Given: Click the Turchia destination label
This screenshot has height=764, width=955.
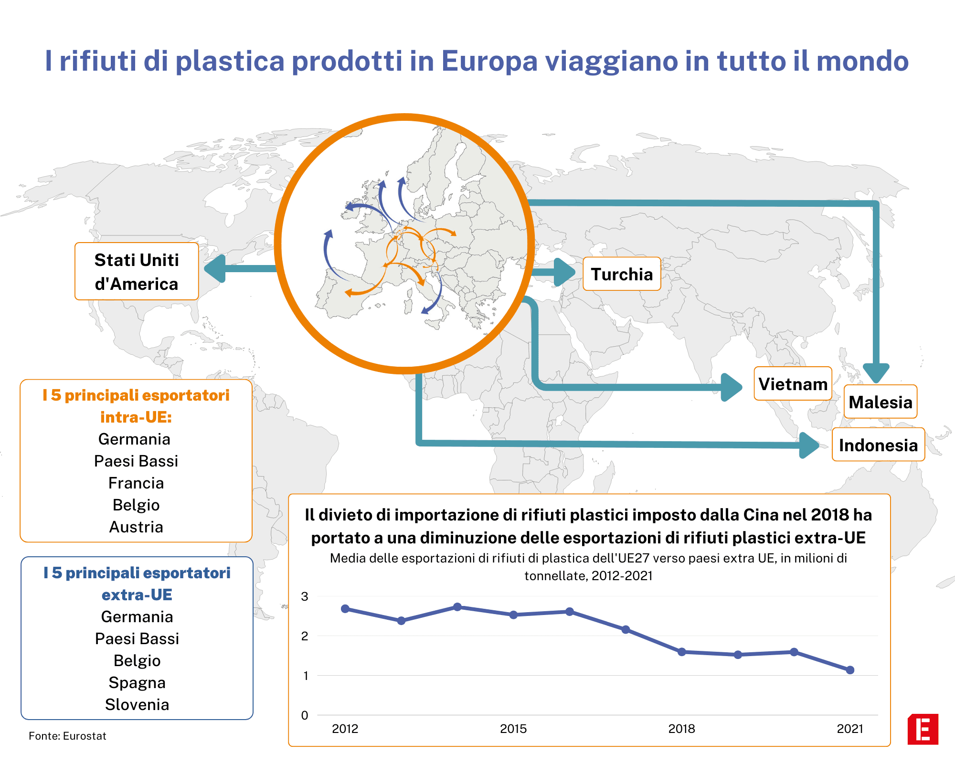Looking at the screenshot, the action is click(x=622, y=274).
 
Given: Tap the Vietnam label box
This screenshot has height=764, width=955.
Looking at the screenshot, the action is click(x=793, y=383).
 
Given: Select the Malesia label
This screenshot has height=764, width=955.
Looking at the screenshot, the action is click(x=881, y=402).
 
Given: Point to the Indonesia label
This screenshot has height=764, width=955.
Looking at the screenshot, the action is click(x=878, y=445).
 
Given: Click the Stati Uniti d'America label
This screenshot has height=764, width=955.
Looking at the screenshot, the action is click(x=137, y=271).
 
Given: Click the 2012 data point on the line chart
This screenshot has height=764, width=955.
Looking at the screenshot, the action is click(x=345, y=609).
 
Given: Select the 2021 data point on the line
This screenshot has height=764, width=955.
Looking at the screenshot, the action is click(x=850, y=670).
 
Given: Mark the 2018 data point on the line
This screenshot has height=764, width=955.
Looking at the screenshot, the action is click(x=682, y=652).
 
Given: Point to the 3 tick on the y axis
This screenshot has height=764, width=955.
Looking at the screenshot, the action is click(x=305, y=596).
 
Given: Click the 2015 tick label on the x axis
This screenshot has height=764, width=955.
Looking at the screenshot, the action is click(x=513, y=729).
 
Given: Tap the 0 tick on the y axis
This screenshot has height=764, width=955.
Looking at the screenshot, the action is click(x=305, y=715).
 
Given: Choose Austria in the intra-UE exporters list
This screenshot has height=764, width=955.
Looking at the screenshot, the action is click(x=136, y=527).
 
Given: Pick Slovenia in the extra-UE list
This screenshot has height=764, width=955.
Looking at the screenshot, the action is click(x=137, y=704).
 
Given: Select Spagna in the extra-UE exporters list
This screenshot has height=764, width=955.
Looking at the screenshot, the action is click(x=137, y=683).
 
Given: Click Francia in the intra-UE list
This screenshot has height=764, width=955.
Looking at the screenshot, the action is click(x=136, y=483).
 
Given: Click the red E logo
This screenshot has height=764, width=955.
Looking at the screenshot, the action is click(x=923, y=729).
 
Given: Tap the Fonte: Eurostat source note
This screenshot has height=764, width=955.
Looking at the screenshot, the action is click(x=67, y=736).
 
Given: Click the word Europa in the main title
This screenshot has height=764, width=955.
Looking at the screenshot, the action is click(x=489, y=61).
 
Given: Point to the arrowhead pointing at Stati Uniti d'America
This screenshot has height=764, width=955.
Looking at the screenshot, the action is click(x=215, y=268).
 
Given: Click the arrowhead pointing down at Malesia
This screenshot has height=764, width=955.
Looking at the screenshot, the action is click(x=876, y=372).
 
